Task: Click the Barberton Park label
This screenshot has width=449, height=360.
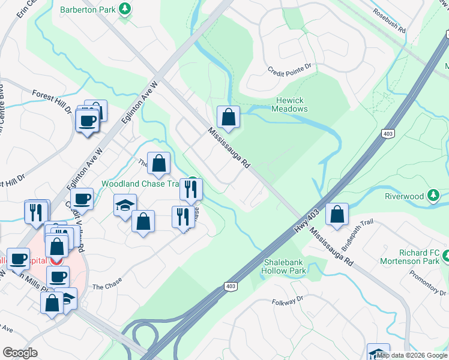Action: (x=89, y=10)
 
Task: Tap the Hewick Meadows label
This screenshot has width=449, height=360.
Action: (x=289, y=104)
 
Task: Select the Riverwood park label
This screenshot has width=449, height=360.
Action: (x=405, y=196)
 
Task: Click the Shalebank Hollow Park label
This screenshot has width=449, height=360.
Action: (x=285, y=266)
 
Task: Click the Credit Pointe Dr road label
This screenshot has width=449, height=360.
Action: (x=291, y=70)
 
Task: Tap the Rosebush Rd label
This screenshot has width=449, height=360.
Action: (x=389, y=20)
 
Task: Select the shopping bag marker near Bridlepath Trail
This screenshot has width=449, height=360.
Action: (x=337, y=214)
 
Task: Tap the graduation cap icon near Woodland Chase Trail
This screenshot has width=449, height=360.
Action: (x=125, y=205)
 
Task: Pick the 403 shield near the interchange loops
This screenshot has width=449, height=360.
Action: (x=230, y=287)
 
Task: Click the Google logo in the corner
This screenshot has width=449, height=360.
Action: (x=20, y=353)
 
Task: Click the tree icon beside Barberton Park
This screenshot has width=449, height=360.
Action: (x=125, y=9)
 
